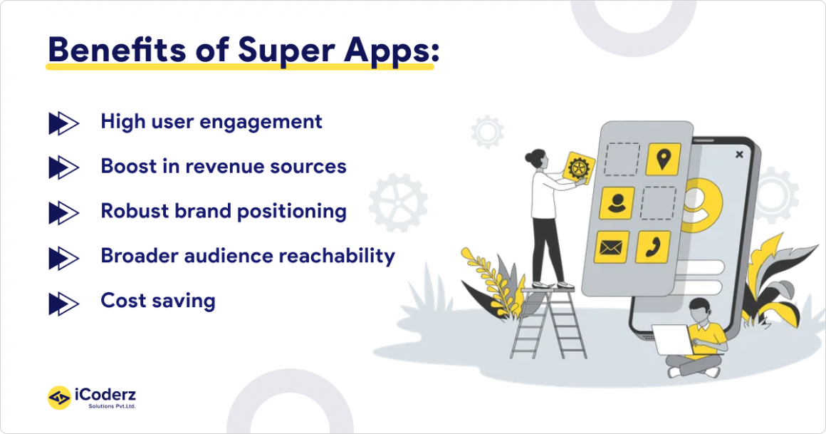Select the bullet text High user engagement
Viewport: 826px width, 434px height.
tap(211, 122)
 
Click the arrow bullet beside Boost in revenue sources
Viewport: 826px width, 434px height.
tap(63, 167)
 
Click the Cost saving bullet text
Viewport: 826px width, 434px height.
tap(158, 300)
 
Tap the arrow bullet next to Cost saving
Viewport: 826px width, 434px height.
tap(63, 304)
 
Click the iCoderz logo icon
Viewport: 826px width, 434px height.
tap(59, 398)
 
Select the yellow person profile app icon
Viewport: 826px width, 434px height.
tap(617, 203)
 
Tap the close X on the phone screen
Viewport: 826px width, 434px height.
tap(739, 154)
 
